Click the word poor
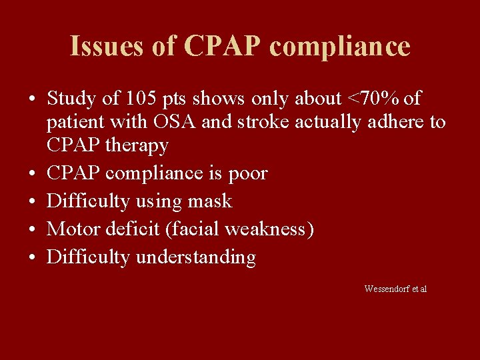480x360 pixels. click(248, 173)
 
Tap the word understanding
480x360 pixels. click(195, 257)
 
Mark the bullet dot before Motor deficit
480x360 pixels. click(31, 230)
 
